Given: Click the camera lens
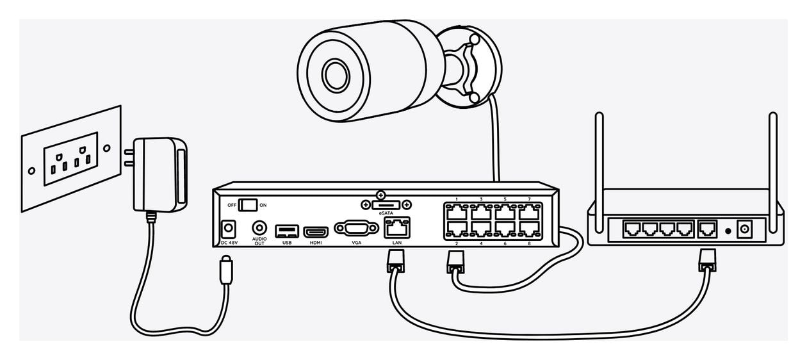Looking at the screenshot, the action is tap(336, 75).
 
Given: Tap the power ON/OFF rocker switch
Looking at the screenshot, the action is tap(248, 205).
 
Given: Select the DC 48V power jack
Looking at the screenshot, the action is tap(228, 229).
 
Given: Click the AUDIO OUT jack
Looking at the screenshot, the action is tap(259, 228).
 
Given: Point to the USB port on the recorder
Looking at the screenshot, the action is tap(287, 231).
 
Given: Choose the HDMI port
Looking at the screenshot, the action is tap(316, 232).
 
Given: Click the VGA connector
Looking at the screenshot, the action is tap(356, 228).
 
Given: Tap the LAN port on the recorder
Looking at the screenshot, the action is tap(396, 227).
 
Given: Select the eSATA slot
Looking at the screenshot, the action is tap(386, 205).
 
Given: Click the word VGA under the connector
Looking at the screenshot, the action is tap(356, 243).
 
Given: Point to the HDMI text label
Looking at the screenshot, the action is tap(316, 243).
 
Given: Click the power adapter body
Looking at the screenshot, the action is tap(160, 174).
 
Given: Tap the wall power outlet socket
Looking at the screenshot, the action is tap(70, 159).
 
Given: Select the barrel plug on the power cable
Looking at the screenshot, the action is tap(226, 270).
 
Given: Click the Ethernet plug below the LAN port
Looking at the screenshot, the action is tap(396, 261).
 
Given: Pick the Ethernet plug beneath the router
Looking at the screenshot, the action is tap(707, 260).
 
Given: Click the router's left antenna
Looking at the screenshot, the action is tap(599, 172).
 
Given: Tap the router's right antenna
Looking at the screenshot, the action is tap(773, 172).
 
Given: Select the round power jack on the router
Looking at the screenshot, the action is tap(744, 229).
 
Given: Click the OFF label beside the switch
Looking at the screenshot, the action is tap(232, 205).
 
